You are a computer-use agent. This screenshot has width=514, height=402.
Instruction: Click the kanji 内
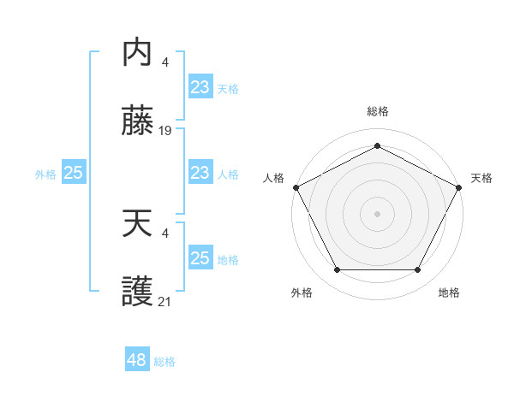point(137,53)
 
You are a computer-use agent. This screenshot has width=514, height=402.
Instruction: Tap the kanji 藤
point(137,122)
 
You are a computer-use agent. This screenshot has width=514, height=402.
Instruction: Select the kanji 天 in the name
point(137,225)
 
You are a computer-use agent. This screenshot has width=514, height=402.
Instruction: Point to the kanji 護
point(137,293)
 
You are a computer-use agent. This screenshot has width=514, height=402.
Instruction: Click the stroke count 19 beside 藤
point(166,131)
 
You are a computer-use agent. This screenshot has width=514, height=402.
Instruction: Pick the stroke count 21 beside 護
point(166,302)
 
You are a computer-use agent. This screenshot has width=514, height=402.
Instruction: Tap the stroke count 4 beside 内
point(165,62)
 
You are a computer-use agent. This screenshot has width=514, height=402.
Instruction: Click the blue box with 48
point(137,360)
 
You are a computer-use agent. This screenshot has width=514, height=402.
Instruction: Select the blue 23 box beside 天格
point(200,87)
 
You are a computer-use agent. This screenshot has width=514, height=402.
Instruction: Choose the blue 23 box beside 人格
point(200,174)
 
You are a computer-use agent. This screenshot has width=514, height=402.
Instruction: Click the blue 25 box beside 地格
point(200,258)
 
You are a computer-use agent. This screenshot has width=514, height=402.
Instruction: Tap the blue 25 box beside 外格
point(74,174)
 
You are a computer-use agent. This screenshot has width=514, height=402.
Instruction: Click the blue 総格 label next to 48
point(164,362)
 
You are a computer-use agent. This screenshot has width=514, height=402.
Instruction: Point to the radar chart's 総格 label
point(378,111)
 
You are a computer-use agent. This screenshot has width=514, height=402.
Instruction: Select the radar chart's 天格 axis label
point(481,178)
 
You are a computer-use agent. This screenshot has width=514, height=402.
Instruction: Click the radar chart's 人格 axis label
point(273,178)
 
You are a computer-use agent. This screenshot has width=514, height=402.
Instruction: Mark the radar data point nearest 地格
point(418,270)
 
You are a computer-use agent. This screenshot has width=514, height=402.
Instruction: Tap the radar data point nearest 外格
point(337,270)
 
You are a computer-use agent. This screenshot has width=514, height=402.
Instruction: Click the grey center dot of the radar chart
point(377,213)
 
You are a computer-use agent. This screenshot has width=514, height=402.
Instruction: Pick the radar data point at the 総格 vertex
point(377,146)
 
